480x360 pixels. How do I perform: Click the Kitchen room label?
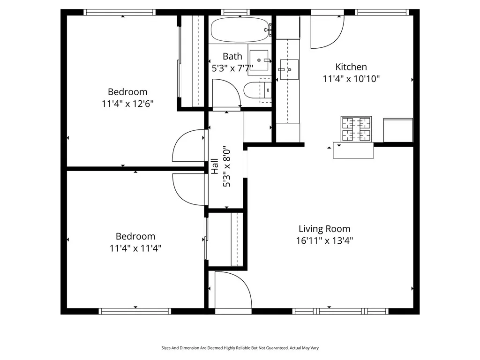click(x=351, y=67)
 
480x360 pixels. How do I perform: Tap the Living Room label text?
click(x=324, y=229)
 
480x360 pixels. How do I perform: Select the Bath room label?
click(x=232, y=56)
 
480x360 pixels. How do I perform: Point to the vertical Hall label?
click(x=215, y=167)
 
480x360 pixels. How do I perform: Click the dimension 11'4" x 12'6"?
click(x=127, y=104)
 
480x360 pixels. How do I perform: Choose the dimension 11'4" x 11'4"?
click(x=135, y=248)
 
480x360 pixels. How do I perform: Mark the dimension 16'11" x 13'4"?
click(x=324, y=241)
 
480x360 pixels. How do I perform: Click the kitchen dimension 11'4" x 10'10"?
click(x=351, y=79)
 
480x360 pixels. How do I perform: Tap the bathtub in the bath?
click(x=239, y=30)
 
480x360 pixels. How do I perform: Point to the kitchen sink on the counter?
click(x=289, y=69)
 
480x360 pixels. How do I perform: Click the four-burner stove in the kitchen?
click(x=356, y=129)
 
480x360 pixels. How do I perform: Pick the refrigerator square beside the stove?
click(x=398, y=130)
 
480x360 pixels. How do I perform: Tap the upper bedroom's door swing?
click(x=188, y=146)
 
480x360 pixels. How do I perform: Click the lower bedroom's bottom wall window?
click(x=135, y=311)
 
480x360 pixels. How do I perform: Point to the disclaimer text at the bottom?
click(x=240, y=348)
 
